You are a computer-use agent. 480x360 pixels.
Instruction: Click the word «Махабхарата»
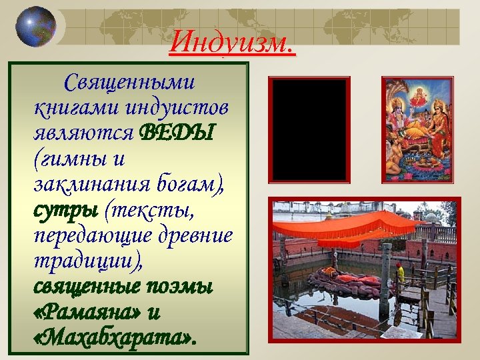click(x=114, y=338)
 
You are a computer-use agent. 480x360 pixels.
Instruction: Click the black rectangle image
click(x=309, y=130)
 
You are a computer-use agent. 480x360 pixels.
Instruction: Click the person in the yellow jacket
click(x=400, y=273)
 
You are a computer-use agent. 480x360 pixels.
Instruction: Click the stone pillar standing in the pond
click(x=386, y=280)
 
